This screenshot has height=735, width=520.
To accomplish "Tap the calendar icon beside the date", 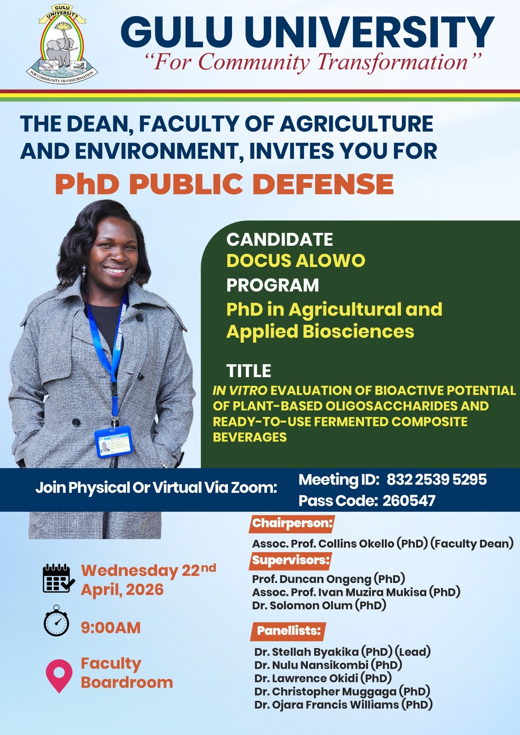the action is point(59,578).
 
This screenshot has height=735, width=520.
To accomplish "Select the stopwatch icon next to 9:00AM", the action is point(57,621).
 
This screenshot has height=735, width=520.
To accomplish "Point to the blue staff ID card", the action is point(113,441).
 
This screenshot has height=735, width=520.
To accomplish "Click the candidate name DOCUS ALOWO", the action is point(295,261).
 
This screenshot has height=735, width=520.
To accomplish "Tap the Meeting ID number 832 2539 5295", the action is point(436,480).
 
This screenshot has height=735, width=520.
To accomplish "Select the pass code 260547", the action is point(409,501).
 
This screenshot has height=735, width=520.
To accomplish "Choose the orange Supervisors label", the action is point(290,560).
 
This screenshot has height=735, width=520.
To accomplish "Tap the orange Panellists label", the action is point(288,631).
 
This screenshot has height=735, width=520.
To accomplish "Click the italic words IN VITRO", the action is point(240,390).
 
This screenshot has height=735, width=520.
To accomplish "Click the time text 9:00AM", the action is point(111,628).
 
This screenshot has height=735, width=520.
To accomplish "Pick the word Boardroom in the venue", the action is point(127,683).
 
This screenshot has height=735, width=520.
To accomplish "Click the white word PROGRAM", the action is point(272,285).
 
